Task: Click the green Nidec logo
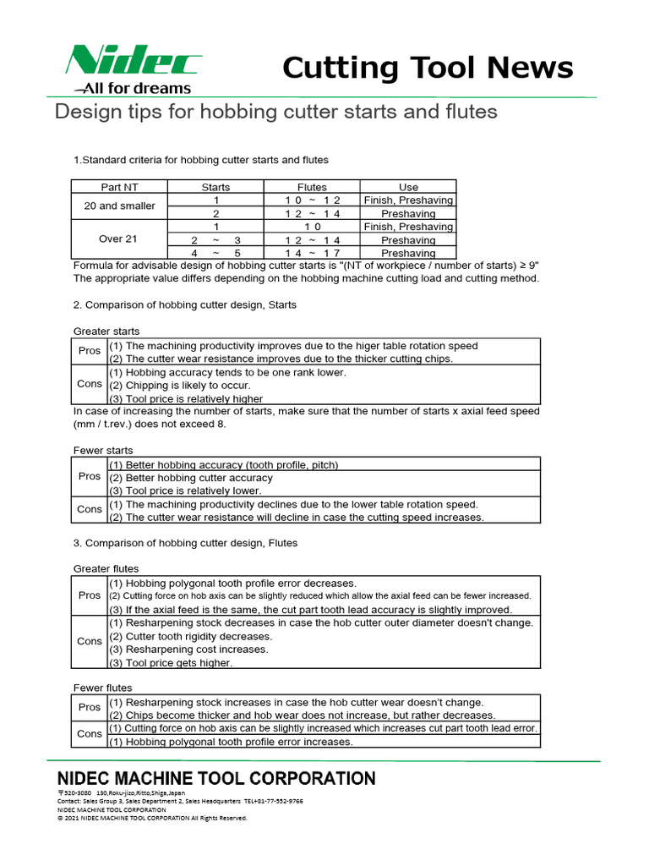tap(134, 61)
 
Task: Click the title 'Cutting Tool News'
tap(428, 68)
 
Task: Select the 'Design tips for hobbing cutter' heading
tap(275, 112)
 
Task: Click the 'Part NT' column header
tap(119, 187)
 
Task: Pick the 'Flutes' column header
tap(312, 187)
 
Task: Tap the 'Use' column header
tap(408, 187)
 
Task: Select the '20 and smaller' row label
tap(119, 206)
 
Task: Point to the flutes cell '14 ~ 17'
tap(312, 253)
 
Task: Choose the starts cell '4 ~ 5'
tap(215, 253)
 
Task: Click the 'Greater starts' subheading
tap(106, 332)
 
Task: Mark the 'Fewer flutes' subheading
tap(102, 688)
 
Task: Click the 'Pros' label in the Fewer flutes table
tap(90, 707)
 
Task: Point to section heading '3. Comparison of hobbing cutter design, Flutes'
tap(185, 543)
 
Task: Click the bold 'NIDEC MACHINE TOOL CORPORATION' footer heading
tap(215, 778)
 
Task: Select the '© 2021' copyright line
tap(152, 818)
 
